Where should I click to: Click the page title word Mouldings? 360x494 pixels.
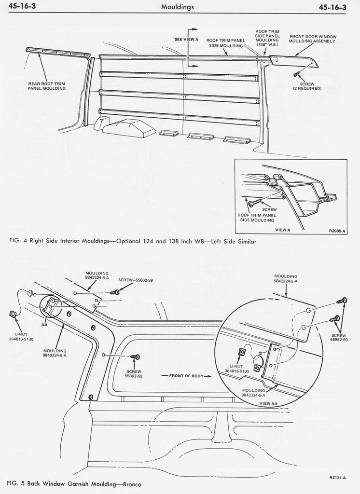(178, 7)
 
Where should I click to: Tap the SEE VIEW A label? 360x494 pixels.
(186, 39)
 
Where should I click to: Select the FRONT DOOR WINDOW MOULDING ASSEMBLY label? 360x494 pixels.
(313, 39)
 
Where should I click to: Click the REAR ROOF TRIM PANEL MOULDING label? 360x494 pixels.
(46, 86)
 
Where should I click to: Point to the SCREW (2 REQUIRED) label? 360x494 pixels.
(307, 86)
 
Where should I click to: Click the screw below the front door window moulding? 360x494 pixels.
(296, 74)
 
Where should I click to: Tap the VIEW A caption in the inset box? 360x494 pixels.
(282, 230)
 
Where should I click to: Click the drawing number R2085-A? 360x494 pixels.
(336, 231)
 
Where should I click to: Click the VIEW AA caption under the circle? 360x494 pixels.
(268, 403)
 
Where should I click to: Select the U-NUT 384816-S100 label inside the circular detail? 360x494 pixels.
(236, 368)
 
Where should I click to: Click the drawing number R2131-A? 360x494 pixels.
(337, 478)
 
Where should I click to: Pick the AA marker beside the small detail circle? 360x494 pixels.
(44, 325)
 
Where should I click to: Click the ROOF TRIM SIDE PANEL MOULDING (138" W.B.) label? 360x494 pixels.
(267, 38)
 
